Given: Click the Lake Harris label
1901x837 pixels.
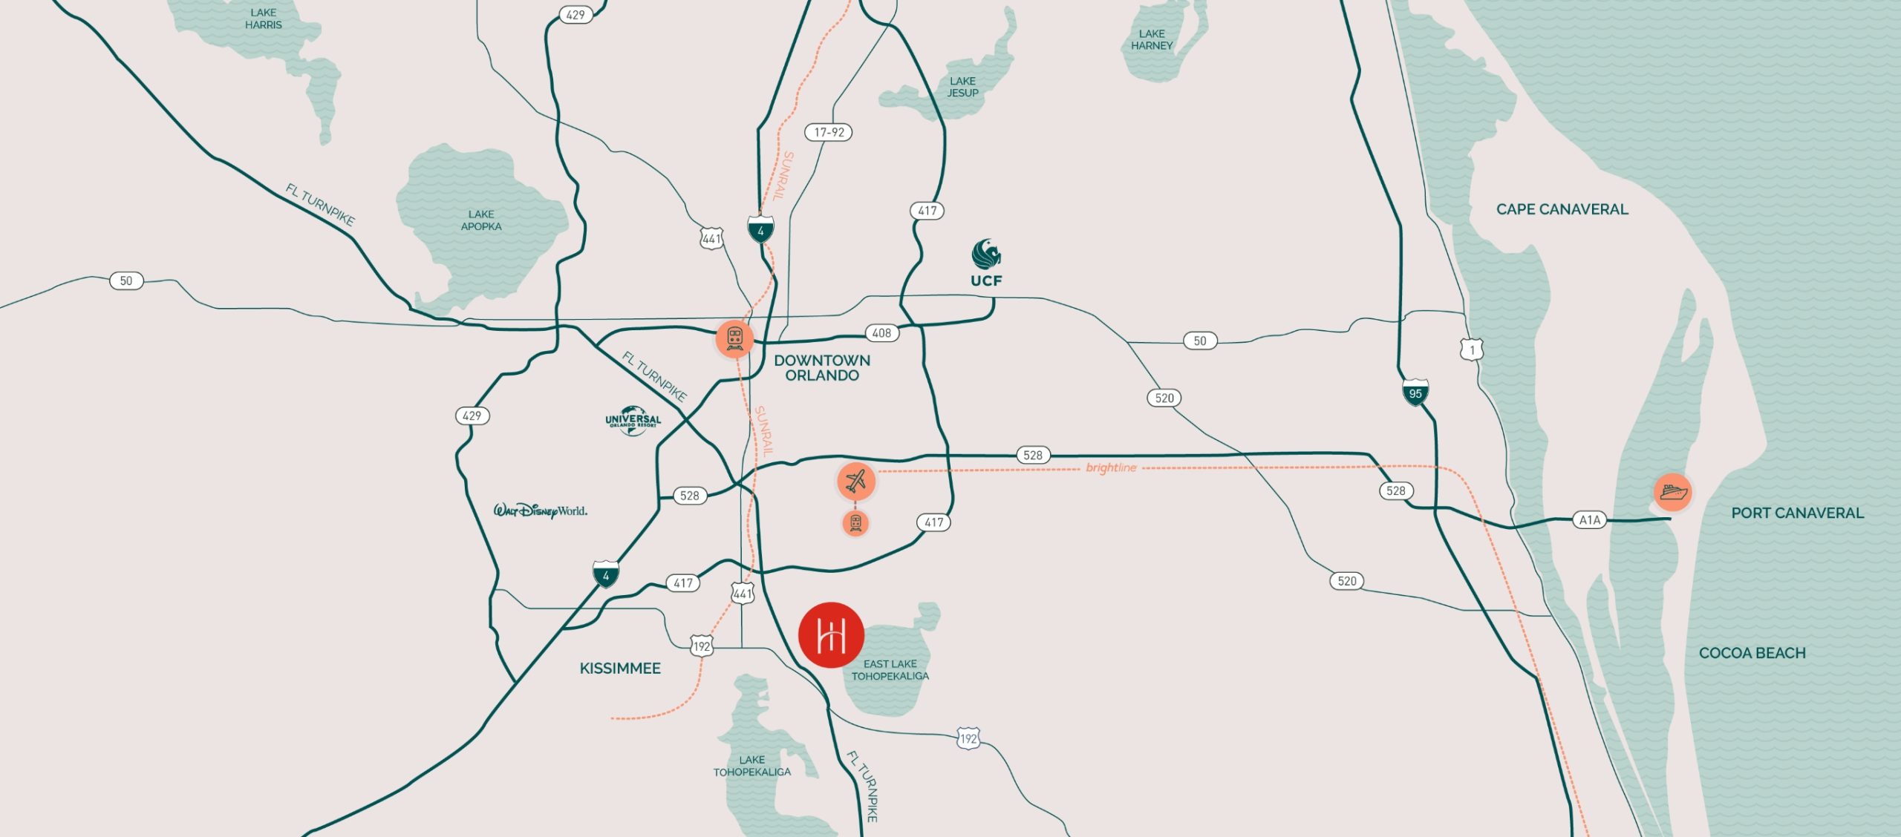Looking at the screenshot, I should click(x=264, y=19).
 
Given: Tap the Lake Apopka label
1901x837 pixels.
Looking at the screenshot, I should click(x=481, y=220).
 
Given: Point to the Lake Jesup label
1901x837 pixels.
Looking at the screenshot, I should click(x=962, y=87).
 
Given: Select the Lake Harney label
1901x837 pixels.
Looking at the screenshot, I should click(x=1152, y=39).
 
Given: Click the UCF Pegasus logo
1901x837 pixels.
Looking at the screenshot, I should click(x=986, y=255).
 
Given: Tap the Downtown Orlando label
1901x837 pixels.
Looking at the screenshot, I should click(x=822, y=368).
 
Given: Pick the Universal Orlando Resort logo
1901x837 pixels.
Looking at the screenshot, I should click(x=633, y=420).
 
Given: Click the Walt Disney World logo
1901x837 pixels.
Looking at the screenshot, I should click(x=541, y=511).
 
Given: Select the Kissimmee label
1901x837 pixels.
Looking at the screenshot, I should click(x=620, y=669).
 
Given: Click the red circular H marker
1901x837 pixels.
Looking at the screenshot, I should click(x=831, y=635).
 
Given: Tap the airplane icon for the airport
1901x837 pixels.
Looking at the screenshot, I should click(x=856, y=481).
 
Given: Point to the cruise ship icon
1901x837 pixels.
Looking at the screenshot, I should click(x=1672, y=492).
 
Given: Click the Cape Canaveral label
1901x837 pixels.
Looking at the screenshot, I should click(x=1562, y=209).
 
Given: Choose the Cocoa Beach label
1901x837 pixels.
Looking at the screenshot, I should click(x=1752, y=653).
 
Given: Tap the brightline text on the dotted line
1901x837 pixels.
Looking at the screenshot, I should click(x=1111, y=467).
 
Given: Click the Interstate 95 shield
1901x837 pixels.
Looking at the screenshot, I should click(x=1415, y=393).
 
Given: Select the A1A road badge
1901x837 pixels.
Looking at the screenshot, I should click(x=1589, y=520).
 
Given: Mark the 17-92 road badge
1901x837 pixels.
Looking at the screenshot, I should click(x=829, y=132).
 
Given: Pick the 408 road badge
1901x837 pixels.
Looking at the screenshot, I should click(x=881, y=333).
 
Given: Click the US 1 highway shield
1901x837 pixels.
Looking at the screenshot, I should click(x=1472, y=349).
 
